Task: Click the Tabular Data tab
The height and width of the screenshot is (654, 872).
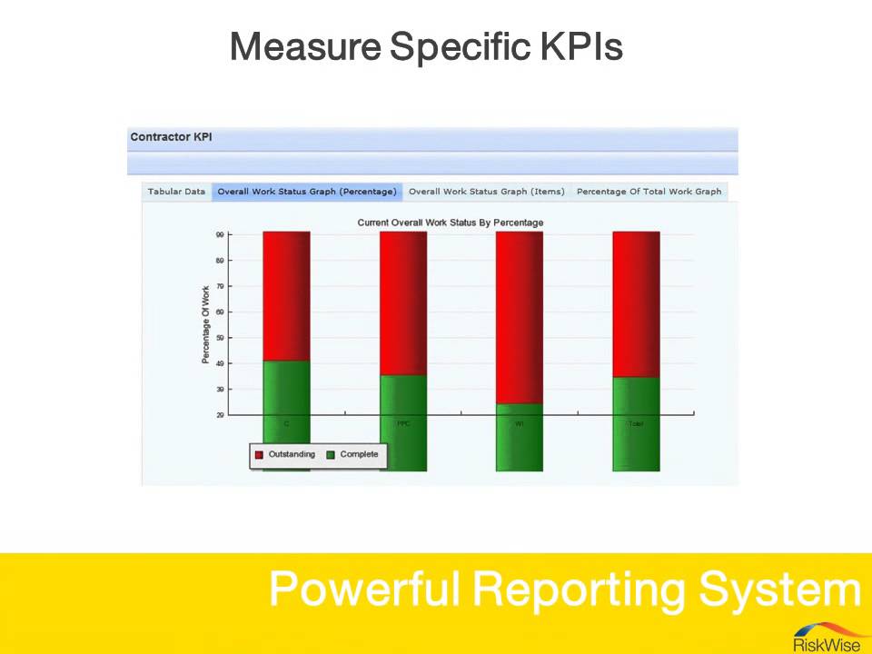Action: [176, 192]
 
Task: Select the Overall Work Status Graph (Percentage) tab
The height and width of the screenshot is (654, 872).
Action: [307, 192]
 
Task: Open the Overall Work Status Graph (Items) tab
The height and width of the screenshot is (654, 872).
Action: [486, 192]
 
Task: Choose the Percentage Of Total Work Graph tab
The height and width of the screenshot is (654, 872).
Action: [649, 192]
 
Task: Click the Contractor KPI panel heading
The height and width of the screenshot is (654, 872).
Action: [171, 137]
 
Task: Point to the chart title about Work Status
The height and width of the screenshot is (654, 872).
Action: [450, 223]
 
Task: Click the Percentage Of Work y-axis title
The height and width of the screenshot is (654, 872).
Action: [206, 324]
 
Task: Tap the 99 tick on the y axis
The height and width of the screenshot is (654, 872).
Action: [220, 235]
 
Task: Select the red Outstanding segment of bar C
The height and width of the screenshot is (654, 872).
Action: [286, 295]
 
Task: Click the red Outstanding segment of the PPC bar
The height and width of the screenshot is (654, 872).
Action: [403, 302]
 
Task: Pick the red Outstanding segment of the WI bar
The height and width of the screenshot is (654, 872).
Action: [519, 317]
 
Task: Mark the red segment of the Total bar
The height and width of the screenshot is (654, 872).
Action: [636, 303]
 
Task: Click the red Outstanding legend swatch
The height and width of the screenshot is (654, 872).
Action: [259, 455]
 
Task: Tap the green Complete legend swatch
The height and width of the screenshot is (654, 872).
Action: [331, 455]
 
